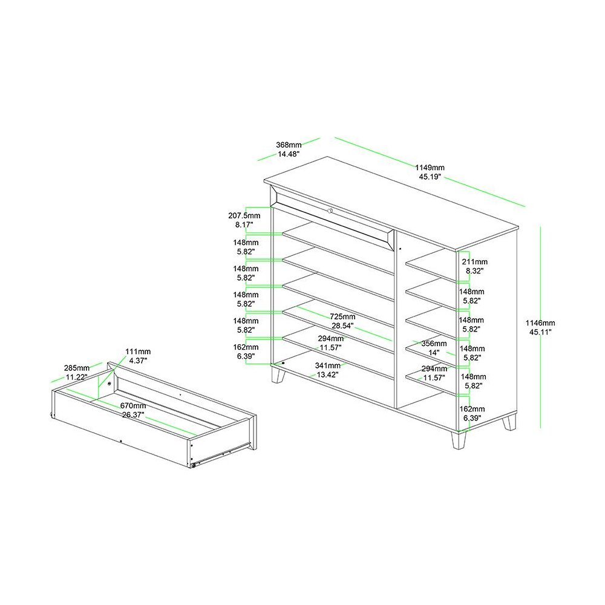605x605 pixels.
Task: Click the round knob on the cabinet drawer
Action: pyautogui.click(x=330, y=211)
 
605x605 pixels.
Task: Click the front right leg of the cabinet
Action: pyautogui.click(x=459, y=439)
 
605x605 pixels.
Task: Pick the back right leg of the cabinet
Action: pyautogui.click(x=509, y=422)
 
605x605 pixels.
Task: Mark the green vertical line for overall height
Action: pyautogui.click(x=540, y=327)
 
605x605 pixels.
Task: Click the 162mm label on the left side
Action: pyautogui.click(x=246, y=352)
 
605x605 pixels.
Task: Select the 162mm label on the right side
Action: pyautogui.click(x=472, y=413)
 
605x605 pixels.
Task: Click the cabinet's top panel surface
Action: pyautogui.click(x=390, y=202)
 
